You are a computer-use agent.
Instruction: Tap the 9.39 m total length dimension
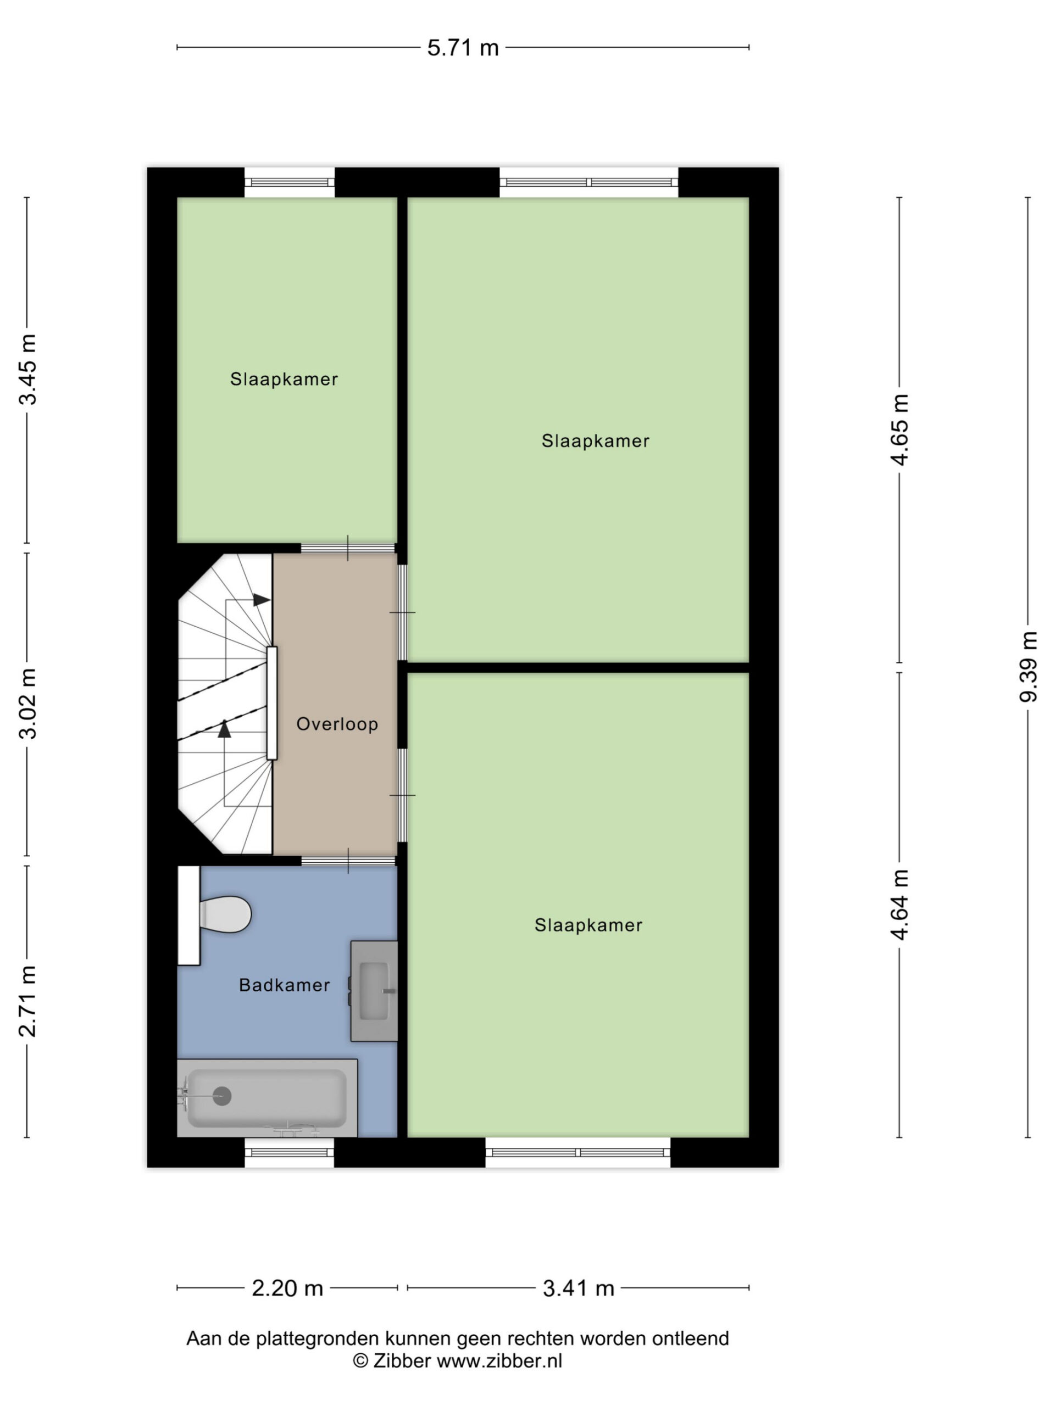[1028, 667]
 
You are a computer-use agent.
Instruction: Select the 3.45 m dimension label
[28, 369]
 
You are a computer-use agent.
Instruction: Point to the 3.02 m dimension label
[28, 704]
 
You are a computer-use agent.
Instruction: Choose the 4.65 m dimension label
[900, 429]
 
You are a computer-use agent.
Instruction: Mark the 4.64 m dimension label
[900, 905]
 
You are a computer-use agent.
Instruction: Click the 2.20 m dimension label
[287, 1288]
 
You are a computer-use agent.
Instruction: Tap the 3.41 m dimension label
[578, 1288]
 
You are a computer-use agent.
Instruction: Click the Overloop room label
[337, 724]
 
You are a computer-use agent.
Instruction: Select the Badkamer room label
[284, 985]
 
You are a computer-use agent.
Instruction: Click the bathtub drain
[222, 1096]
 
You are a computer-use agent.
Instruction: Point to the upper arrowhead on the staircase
[262, 599]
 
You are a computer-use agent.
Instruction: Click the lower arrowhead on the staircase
[225, 728]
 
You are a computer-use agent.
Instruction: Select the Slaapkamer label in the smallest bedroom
[284, 380]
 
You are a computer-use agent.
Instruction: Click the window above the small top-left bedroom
[290, 182]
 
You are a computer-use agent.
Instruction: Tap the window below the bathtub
[290, 1152]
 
